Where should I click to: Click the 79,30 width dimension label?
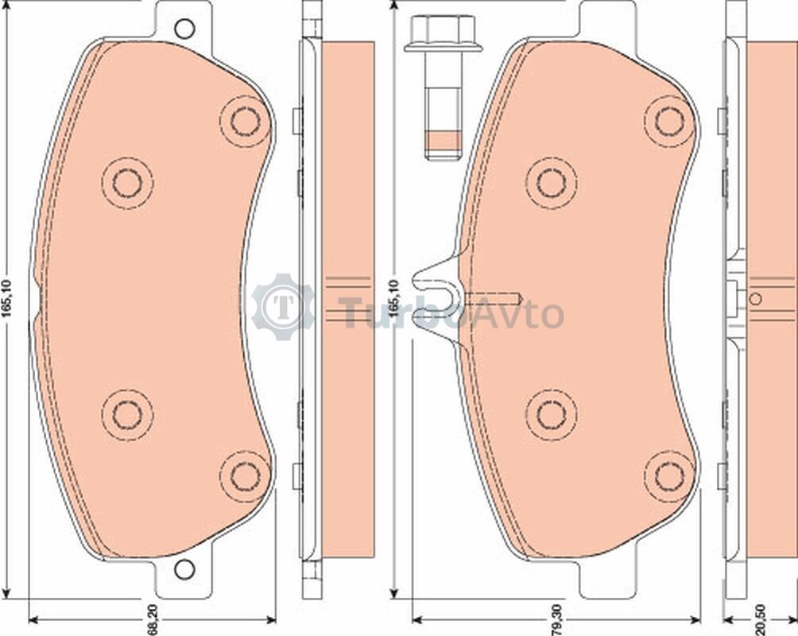pyautogui.click(x=559, y=619)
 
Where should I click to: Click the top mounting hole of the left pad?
pyautogui.click(x=184, y=29)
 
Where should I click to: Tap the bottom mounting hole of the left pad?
pyautogui.click(x=184, y=568)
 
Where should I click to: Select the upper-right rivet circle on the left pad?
pyautogui.click(x=246, y=121)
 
